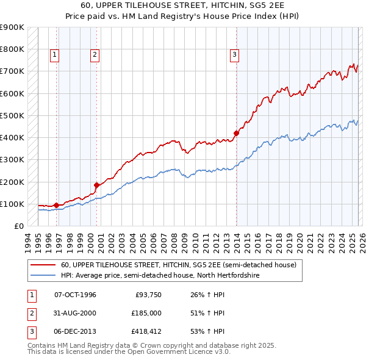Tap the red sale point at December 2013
click(236, 133)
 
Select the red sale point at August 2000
click(96, 185)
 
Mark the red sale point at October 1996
click(56, 205)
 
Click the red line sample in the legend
click(44, 265)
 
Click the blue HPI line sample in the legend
click(44, 276)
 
